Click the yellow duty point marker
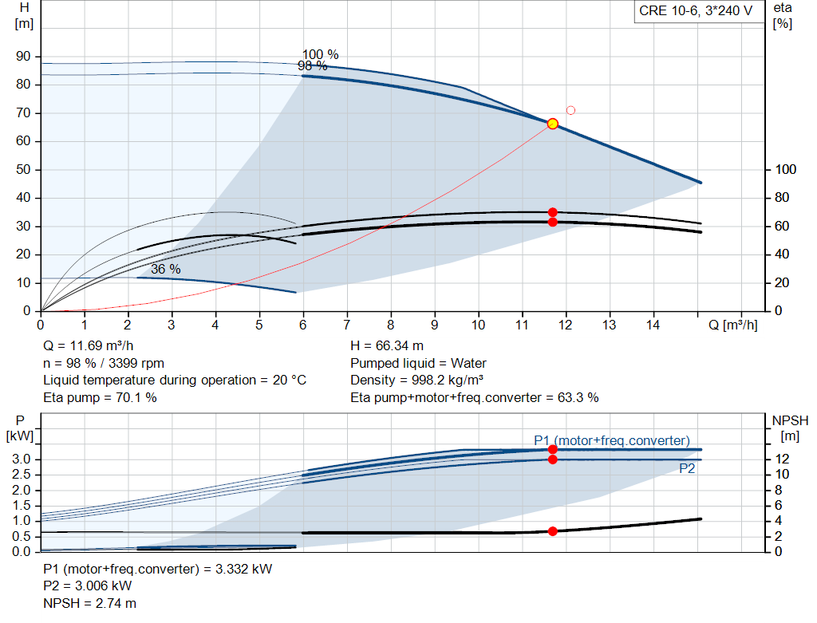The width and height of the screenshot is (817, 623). [x=552, y=124]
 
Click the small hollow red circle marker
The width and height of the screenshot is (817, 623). [x=570, y=110]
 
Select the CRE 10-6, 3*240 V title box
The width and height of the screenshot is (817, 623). [x=696, y=11]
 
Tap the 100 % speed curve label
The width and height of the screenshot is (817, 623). [x=321, y=54]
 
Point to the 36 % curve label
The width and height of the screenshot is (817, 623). [x=166, y=269]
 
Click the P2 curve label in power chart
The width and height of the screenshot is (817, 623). [x=687, y=469]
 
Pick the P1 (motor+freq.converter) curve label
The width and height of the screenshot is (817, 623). [x=612, y=440]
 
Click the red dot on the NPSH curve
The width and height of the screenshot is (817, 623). [x=552, y=531]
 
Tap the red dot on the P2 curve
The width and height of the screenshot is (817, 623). [x=552, y=459]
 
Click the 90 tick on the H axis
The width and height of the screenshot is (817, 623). [x=23, y=57]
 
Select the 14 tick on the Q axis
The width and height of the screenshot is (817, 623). [x=653, y=325]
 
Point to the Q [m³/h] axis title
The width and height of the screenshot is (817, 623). [x=732, y=325]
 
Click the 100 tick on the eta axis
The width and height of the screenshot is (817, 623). [x=785, y=169]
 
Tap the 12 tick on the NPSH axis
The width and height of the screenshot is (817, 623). [x=782, y=459]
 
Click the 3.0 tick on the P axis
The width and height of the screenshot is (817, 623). [x=22, y=459]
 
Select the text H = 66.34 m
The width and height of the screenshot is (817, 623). [x=387, y=346]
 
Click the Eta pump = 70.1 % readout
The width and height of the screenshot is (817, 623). [x=100, y=397]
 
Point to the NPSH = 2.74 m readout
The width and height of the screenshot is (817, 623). [x=89, y=603]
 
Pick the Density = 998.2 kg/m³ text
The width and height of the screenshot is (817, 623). [x=416, y=381]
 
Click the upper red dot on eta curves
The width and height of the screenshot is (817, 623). [x=552, y=212]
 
